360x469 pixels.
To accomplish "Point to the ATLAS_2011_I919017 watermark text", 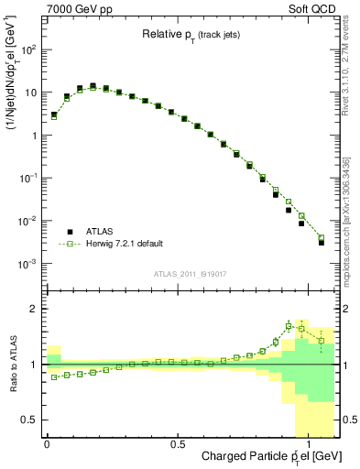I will pyautogui.click(x=192, y=274).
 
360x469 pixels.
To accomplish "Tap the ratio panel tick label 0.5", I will pyautogui.click(x=29, y=420).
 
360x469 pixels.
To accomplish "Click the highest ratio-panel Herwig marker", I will pyautogui.click(x=289, y=325).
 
